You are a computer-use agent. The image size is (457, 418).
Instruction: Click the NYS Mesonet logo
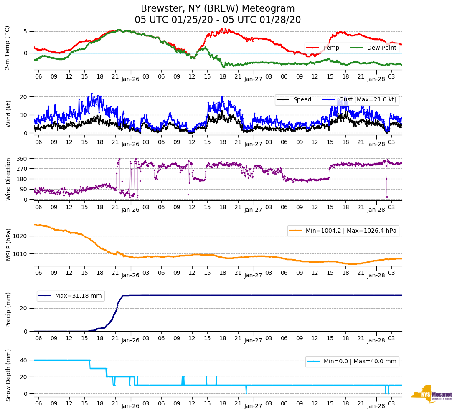tap(432, 394)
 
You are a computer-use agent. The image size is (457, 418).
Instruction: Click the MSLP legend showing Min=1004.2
tap(343, 231)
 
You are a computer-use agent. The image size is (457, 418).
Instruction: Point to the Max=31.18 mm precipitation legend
tap(71, 296)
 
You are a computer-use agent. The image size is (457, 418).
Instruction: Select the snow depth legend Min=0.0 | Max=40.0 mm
tap(352, 361)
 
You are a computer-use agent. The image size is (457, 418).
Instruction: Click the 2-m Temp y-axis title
tap(7, 48)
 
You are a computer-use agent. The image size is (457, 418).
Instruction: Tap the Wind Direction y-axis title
tap(8, 179)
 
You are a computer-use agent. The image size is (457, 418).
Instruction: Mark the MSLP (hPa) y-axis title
tap(8, 244)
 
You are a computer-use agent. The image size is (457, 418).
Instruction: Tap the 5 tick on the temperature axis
tap(25, 31)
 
